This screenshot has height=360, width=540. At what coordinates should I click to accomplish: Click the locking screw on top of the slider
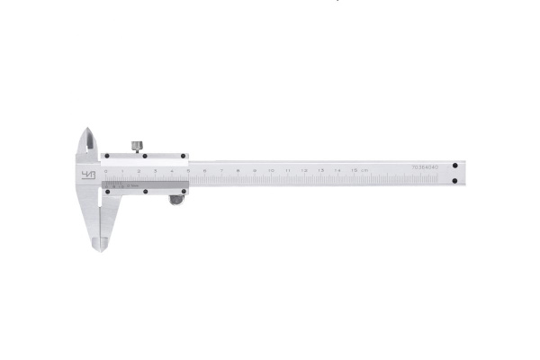[137, 145]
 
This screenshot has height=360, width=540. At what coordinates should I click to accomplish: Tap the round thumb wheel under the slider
[175, 200]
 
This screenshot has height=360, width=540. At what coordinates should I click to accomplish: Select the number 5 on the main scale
[189, 169]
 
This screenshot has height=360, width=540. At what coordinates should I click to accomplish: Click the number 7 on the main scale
[222, 169]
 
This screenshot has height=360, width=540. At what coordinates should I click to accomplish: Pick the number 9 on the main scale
[255, 169]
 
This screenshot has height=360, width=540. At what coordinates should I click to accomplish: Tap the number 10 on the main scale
[271, 169]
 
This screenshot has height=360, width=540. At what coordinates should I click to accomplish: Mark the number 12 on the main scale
[304, 169]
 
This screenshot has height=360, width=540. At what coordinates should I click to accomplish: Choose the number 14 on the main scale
[337, 169]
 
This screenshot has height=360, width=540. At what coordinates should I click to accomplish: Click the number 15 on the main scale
[353, 169]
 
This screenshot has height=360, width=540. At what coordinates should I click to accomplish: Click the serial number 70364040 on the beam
[425, 167]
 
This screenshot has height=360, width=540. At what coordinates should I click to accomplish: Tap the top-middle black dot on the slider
[145, 155]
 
